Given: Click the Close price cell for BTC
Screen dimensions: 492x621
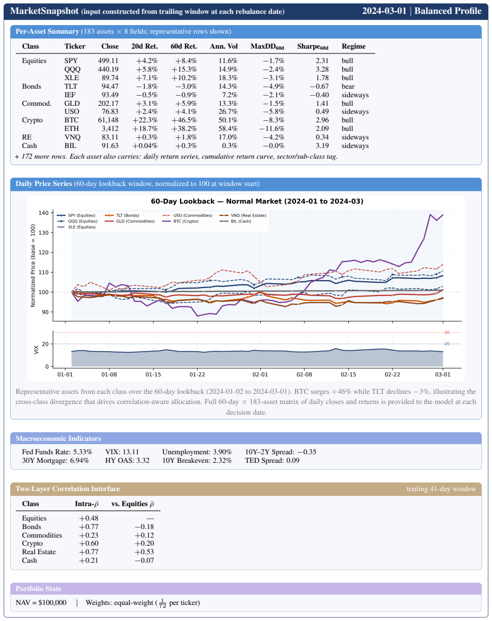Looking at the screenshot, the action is click(x=108, y=120).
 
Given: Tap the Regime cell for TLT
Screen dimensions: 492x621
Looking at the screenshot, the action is click(x=348, y=87).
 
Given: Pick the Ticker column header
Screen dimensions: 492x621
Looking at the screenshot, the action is click(x=75, y=46).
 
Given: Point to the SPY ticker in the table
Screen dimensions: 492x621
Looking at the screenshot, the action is click(x=71, y=60).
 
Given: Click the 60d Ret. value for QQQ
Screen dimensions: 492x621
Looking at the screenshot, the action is click(x=184, y=69).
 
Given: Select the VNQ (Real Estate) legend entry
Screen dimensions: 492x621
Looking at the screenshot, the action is click(x=243, y=215).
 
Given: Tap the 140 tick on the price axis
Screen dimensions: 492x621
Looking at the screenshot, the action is click(x=44, y=213).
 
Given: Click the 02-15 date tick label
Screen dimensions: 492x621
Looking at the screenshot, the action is click(x=348, y=374).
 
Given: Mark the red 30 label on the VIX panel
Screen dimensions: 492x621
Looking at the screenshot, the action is click(x=447, y=332).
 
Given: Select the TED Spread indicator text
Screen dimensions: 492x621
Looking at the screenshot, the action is click(x=272, y=461).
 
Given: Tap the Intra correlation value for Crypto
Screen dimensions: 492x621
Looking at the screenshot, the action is click(x=89, y=544).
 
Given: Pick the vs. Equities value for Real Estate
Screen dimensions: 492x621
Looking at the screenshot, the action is click(x=144, y=552).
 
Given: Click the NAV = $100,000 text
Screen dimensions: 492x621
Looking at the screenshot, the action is click(x=41, y=603).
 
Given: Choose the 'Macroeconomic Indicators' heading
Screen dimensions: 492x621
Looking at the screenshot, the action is click(x=58, y=438).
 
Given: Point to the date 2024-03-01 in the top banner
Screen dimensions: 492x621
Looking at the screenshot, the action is click(x=384, y=11).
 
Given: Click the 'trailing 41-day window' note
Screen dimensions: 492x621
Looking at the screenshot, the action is click(x=441, y=488).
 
